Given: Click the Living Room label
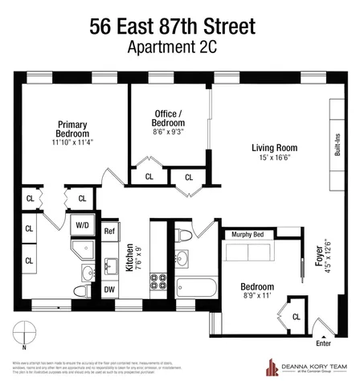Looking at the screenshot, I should coord(274,148).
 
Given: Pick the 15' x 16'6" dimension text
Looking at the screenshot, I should coord(274,161).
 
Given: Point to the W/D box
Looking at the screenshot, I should coord(83,226).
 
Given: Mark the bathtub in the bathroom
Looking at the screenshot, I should coord(194,285).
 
